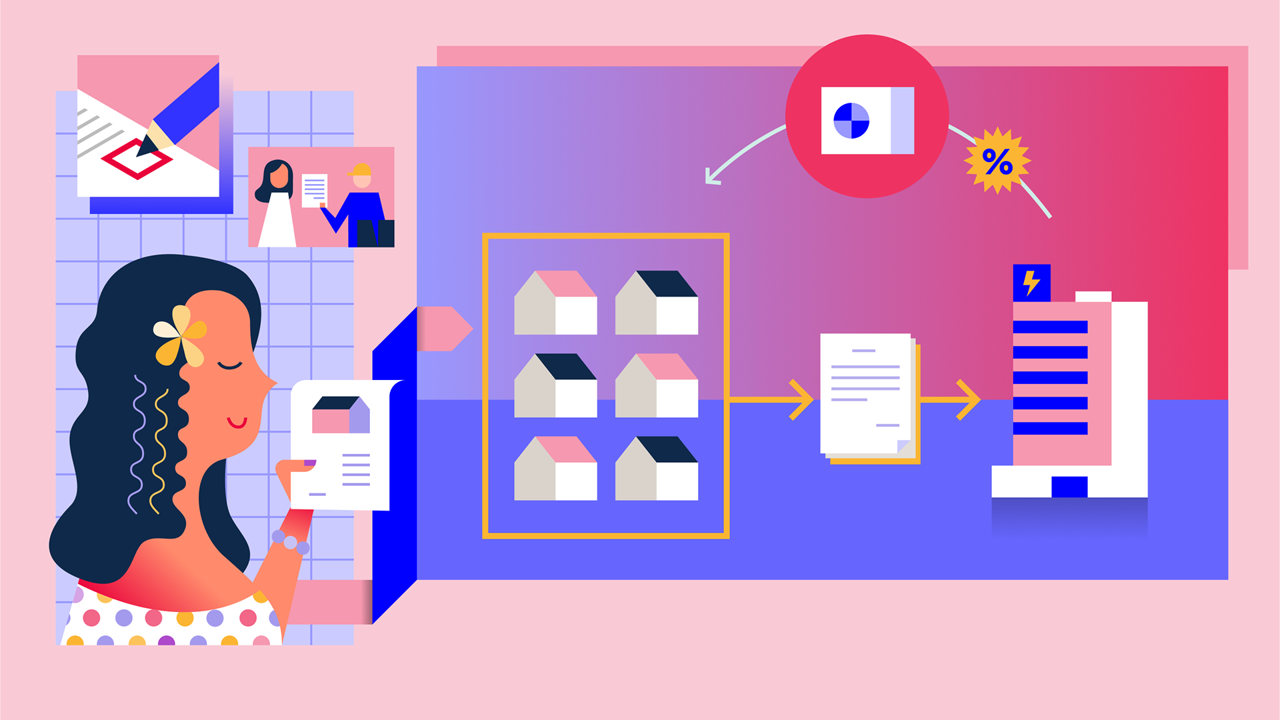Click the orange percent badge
pyautogui.click(x=997, y=161)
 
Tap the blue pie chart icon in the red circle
pyautogui.click(x=851, y=121)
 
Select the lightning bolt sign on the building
pyautogui.click(x=1031, y=283)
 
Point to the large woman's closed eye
pyautogui.click(x=230, y=365)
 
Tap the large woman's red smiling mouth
pyautogui.click(x=237, y=422)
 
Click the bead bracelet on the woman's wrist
pyautogui.click(x=291, y=542)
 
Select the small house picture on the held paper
pyautogui.click(x=341, y=415)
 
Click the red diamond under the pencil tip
pyautogui.click(x=137, y=159)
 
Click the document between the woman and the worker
pyautogui.click(x=315, y=191)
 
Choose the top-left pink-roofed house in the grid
pyautogui.click(x=555, y=303)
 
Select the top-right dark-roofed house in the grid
pyautogui.click(x=657, y=303)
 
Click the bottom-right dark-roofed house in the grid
pyautogui.click(x=657, y=469)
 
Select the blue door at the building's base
pyautogui.click(x=1069, y=487)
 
